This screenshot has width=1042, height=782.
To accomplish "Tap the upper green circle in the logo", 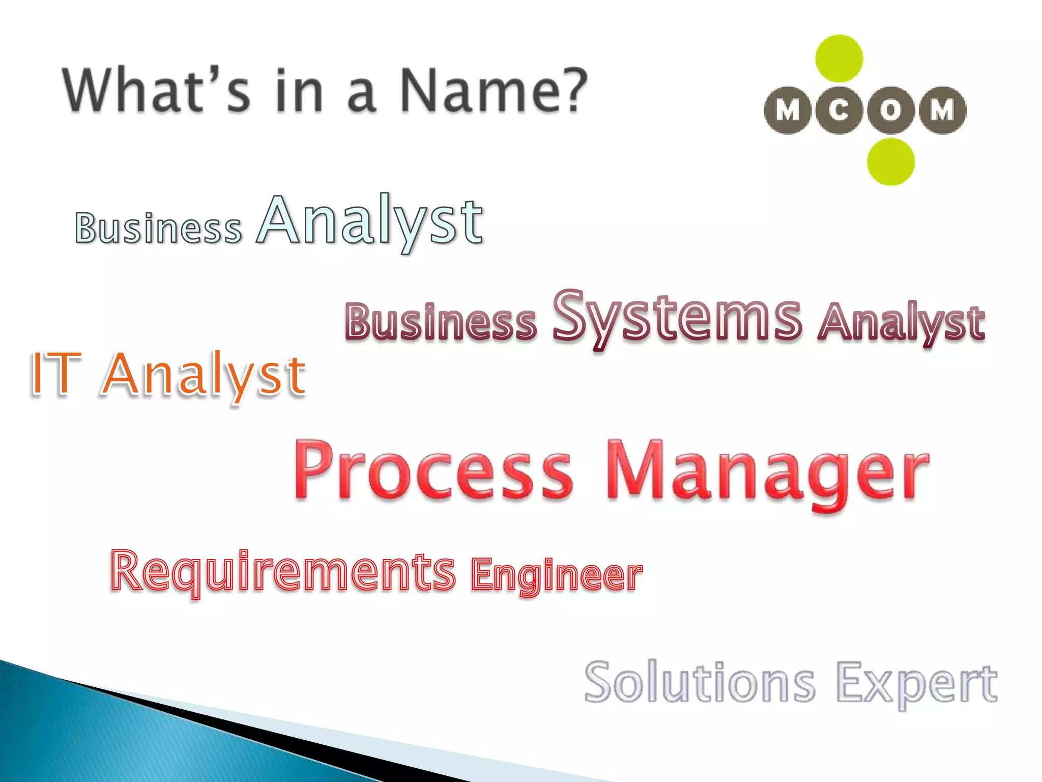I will pos(839,59).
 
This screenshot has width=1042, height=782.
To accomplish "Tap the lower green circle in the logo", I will pos(890,161).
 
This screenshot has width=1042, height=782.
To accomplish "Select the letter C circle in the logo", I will pos(839,110).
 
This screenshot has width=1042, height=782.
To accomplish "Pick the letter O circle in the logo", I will pos(890,110).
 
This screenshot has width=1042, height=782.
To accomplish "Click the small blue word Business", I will pos(158,228).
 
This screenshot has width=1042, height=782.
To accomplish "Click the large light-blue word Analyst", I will pos(370,221).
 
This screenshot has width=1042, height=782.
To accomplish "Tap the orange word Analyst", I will pos(204,376).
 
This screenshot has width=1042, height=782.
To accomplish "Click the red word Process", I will pos(433,469).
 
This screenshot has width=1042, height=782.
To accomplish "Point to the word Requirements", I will pos(283,572).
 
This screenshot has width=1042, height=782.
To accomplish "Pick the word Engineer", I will pos(556,576).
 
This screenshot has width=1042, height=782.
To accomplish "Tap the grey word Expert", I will pos(916,683).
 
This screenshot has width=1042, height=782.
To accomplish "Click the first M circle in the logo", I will pos(788,110).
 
